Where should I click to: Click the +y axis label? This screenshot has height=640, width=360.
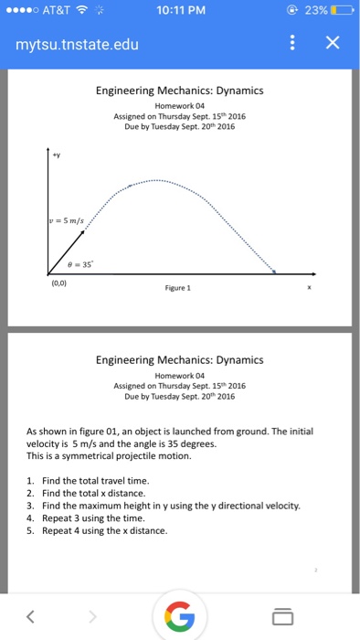point(54,155)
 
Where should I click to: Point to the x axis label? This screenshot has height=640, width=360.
point(308,284)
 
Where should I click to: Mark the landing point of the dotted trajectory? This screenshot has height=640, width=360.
point(275,272)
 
